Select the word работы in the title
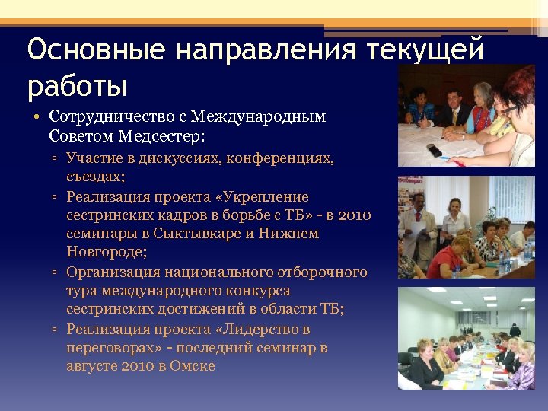click(x=76, y=85)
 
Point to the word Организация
click(x=112, y=272)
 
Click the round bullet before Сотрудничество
click(x=37, y=118)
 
